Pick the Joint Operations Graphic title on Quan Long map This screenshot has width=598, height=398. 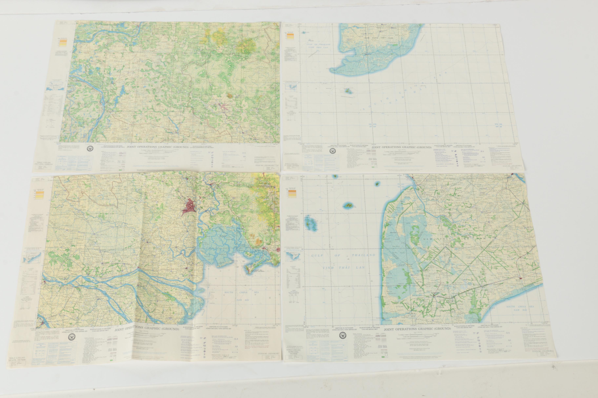click(417, 329)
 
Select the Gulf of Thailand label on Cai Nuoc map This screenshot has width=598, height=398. click(315, 44)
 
